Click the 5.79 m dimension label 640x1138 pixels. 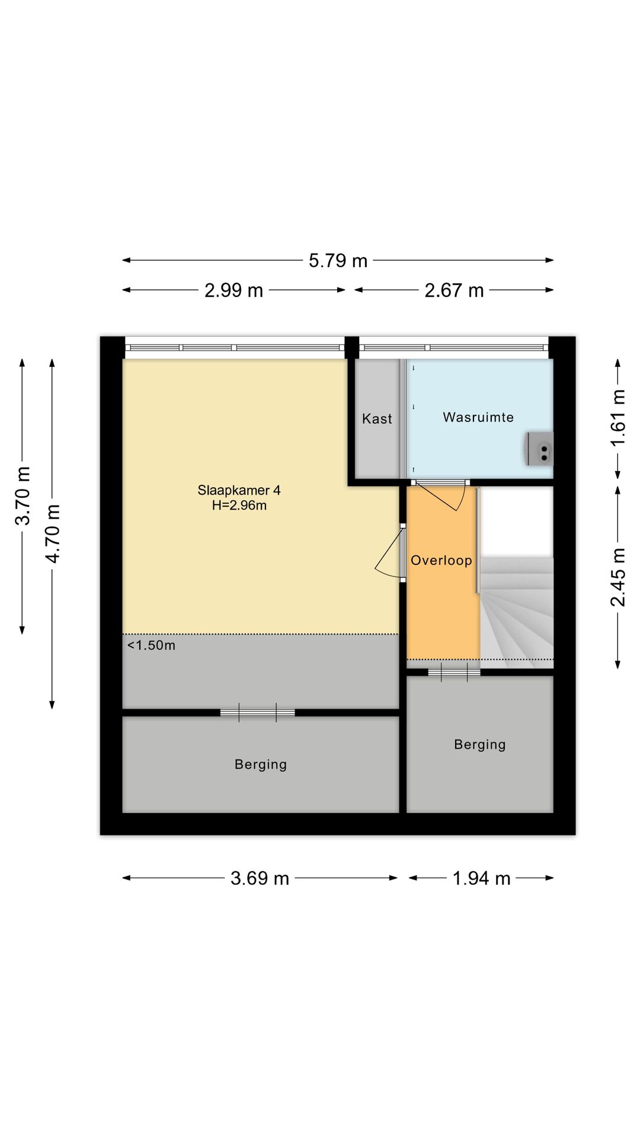tap(338, 261)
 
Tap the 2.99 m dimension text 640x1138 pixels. tap(233, 290)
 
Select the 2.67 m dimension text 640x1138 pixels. tap(454, 290)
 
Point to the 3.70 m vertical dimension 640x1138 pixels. tap(23, 496)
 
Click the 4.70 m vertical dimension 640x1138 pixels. tap(52, 533)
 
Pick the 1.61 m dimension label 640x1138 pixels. tap(617, 418)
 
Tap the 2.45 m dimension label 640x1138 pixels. tap(617, 577)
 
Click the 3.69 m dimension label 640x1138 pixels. tap(260, 878)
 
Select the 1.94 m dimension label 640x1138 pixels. tap(481, 878)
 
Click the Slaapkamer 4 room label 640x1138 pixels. tap(239, 490)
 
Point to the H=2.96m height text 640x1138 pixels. tap(239, 506)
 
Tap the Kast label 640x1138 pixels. tap(377, 418)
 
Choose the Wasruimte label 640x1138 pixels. tap(478, 417)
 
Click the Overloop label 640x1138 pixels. tap(441, 560)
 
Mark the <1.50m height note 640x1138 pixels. tap(151, 645)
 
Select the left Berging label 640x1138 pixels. tap(261, 765)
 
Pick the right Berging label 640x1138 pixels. tap(480, 744)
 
